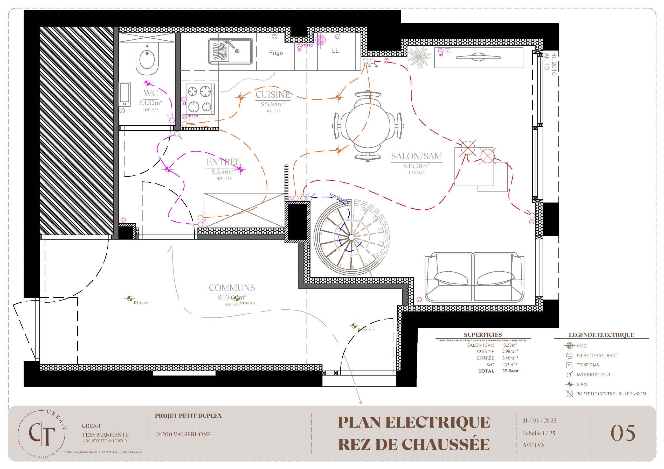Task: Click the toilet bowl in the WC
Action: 147,60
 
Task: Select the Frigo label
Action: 276,53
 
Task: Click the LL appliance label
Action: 335,51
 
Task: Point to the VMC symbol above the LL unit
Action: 320,40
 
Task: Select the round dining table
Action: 368,125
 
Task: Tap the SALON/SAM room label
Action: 417,156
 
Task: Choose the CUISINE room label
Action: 273,95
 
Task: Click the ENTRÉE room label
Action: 224,162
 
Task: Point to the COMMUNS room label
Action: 232,288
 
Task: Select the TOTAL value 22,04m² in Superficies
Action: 511,371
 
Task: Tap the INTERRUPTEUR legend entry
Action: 593,375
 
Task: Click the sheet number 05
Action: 623,433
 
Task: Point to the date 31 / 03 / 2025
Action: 539,421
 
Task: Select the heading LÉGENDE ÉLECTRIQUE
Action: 601,335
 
